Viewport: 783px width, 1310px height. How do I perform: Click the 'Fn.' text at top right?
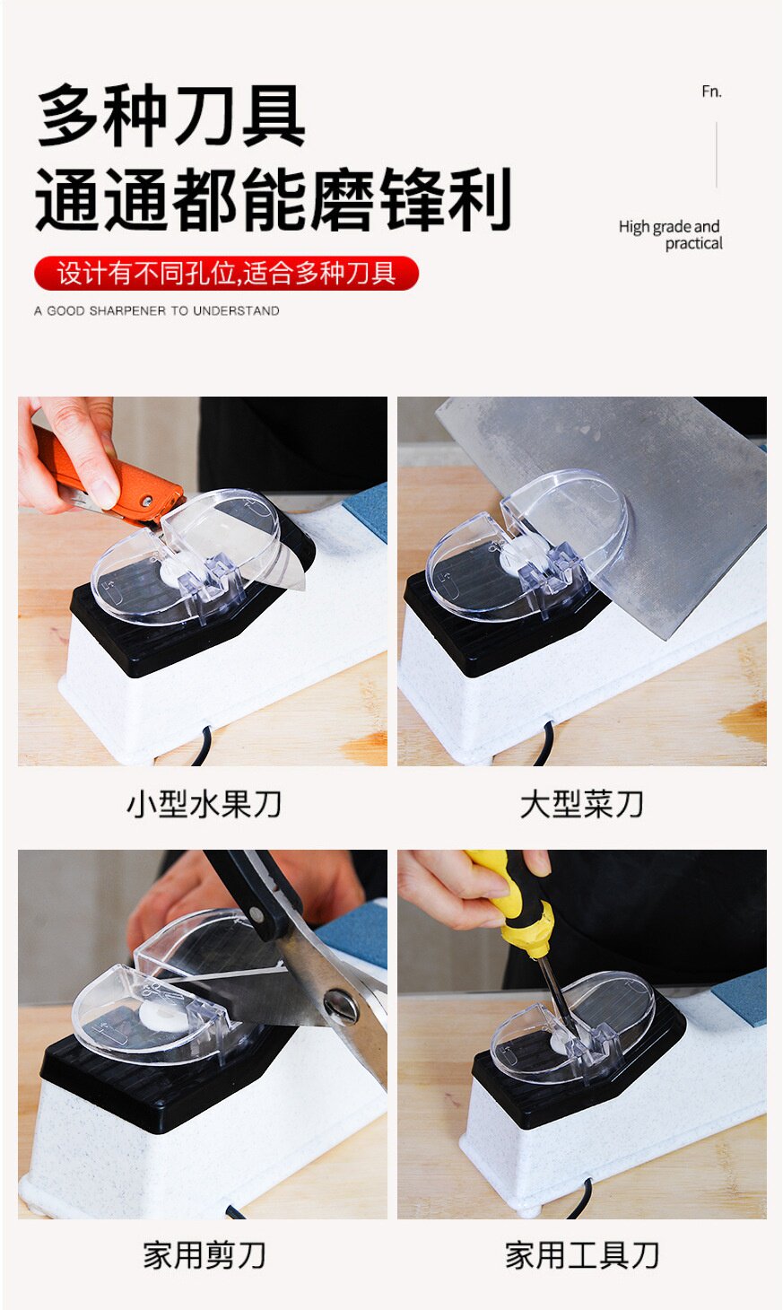(x=711, y=92)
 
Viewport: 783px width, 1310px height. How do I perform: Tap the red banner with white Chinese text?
(x=226, y=273)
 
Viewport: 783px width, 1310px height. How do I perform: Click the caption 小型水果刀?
(x=204, y=804)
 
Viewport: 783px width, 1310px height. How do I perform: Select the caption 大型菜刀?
(x=582, y=804)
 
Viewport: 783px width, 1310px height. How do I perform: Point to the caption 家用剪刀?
(x=204, y=1255)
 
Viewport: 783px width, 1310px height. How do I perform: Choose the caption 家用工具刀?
(x=582, y=1255)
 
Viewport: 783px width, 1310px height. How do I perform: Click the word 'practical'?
(x=694, y=243)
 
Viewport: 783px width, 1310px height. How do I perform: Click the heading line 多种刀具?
(x=171, y=115)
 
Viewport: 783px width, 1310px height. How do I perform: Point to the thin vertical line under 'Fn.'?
(x=717, y=154)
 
